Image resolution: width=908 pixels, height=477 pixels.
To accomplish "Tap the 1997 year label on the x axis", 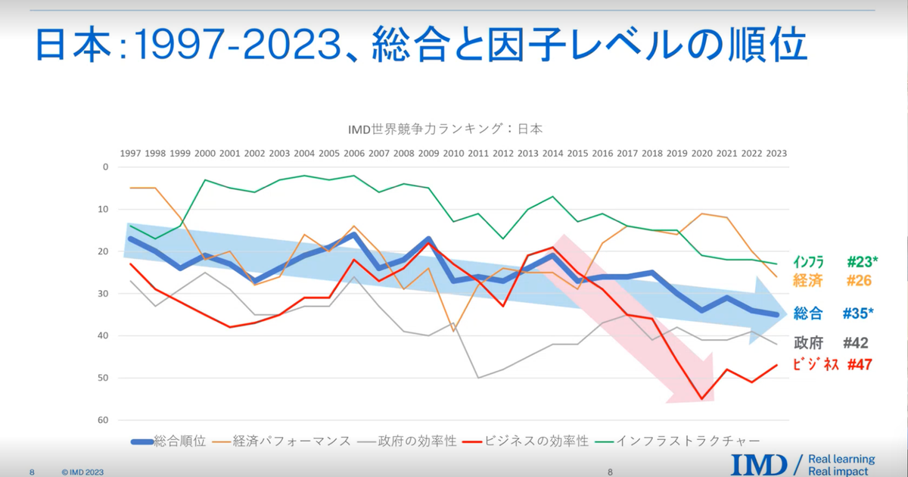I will pyautogui.click(x=130, y=152).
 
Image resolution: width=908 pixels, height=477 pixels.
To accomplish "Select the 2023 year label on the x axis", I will pyautogui.click(x=776, y=152).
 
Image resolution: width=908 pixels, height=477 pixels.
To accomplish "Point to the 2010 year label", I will pyautogui.click(x=453, y=152).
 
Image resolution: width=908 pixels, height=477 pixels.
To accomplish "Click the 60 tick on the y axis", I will pyautogui.click(x=104, y=420).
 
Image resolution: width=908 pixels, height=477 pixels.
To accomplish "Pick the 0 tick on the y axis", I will pyautogui.click(x=106, y=167).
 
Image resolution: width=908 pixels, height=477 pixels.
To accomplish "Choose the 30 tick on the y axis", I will pyautogui.click(x=104, y=294).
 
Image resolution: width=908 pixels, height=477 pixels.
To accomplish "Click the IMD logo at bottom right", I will pyautogui.click(x=758, y=464).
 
